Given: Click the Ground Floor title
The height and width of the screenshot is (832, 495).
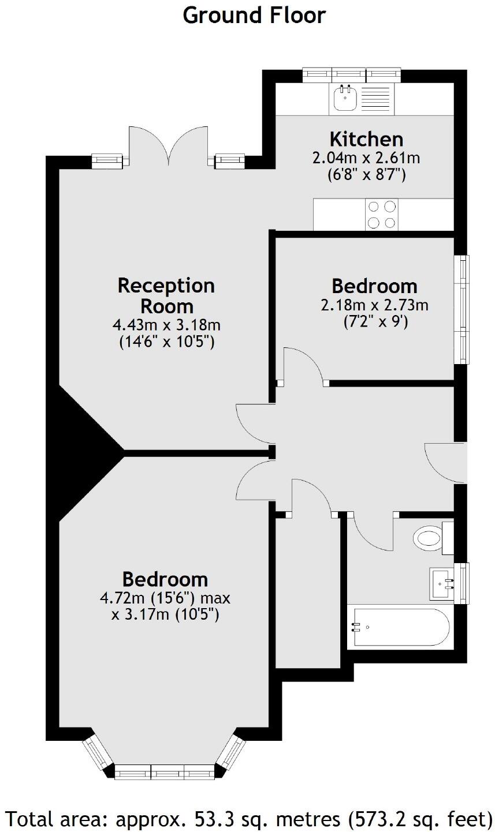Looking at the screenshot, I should [254, 16].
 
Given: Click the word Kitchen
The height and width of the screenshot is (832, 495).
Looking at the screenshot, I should [366, 139].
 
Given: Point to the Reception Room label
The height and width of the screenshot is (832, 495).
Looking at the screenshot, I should [166, 295].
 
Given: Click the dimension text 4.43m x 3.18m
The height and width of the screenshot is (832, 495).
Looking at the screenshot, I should [166, 325].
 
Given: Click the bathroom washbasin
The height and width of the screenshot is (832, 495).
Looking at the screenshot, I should [442, 583].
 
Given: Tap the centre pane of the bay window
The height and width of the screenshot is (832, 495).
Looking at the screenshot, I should [167, 771].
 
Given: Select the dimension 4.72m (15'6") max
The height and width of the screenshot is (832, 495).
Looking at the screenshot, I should [165, 598].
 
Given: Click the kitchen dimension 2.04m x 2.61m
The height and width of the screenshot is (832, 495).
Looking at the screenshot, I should [366, 158].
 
